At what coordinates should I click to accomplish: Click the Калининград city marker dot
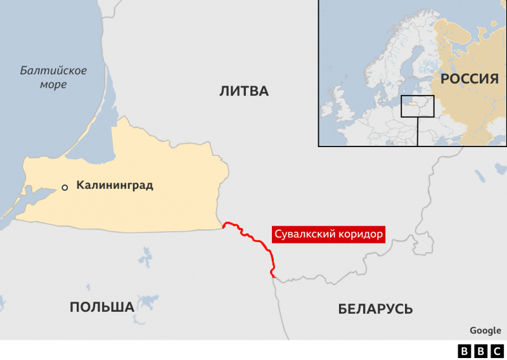[65, 187]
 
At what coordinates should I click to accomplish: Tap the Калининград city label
[114, 186]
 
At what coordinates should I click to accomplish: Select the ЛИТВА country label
[244, 91]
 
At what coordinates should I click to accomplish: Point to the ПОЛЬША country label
[101, 307]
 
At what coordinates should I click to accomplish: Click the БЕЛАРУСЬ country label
[375, 309]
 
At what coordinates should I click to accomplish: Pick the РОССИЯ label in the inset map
[469, 79]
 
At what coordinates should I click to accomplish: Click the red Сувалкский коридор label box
[328, 235]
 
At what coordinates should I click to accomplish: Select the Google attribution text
[485, 330]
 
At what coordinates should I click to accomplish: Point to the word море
[51, 85]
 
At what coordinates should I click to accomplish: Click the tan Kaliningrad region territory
[158, 165]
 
